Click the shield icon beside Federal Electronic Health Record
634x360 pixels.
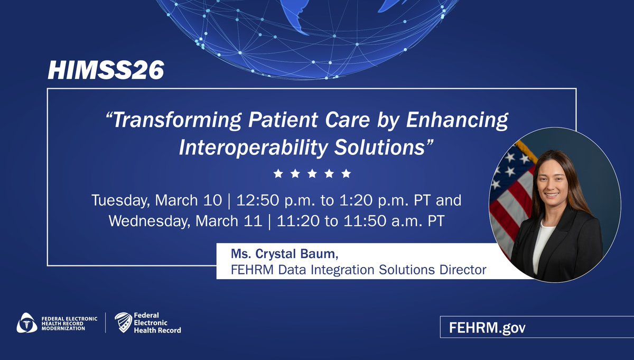pyautogui.click(x=123, y=322)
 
